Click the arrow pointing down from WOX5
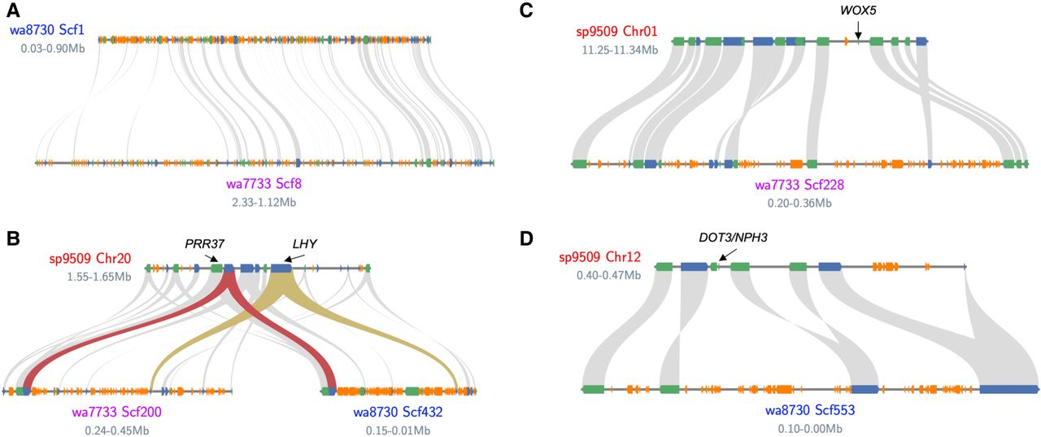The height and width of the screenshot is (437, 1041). tap(857, 29)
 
